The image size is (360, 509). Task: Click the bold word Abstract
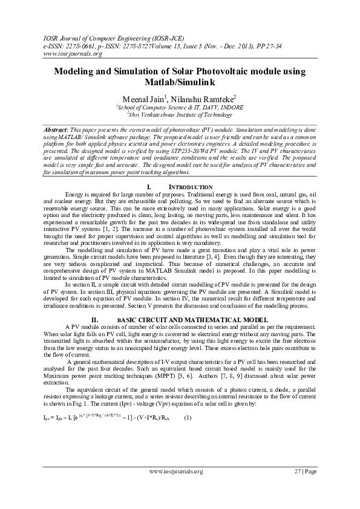tap(59, 131)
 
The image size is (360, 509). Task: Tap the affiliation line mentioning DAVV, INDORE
tap(180, 106)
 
